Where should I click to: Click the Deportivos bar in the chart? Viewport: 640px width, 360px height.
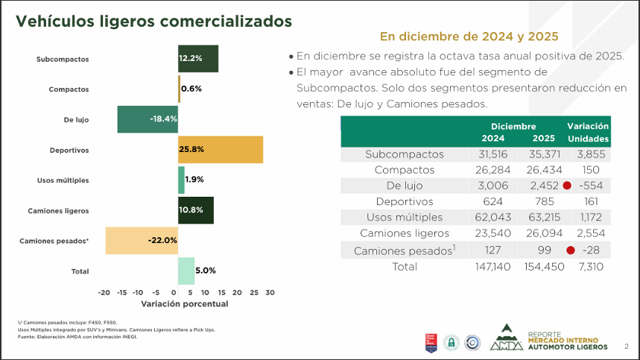pos(220,150)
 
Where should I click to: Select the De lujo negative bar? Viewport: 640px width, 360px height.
pos(148,119)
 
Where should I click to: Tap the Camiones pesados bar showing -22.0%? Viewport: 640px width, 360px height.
pos(142,240)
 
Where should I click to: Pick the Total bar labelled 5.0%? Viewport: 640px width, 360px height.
pos(186,271)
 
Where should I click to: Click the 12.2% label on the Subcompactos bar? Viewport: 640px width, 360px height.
pos(190,58)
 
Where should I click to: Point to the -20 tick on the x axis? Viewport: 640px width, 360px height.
pos(104,293)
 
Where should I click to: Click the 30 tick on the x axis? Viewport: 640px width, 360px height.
pos(270,293)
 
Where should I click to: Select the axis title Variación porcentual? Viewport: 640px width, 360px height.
pos(184,304)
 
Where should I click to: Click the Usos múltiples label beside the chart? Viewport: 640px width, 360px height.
pos(63,180)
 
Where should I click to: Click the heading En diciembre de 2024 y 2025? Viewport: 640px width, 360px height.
pos(469,36)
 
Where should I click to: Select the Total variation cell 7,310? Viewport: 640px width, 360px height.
pos(589,266)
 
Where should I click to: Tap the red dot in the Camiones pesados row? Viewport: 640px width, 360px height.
pos(571,250)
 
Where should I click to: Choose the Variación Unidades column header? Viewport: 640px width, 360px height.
pos(589,132)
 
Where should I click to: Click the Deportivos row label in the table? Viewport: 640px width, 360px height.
pos(405,201)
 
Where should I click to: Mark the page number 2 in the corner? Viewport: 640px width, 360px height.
pos(626,347)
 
